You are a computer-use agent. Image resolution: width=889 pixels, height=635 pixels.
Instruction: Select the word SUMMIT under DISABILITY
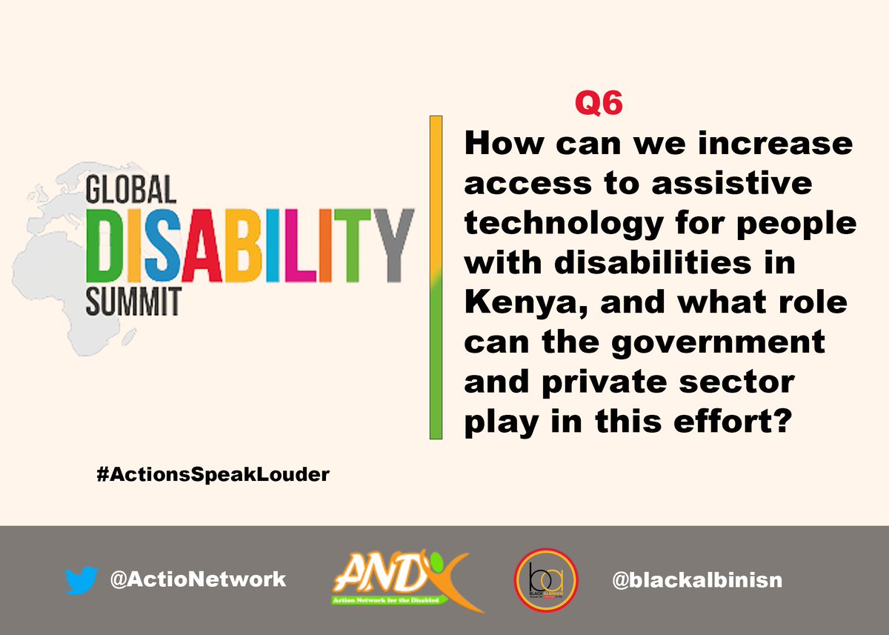(x=133, y=303)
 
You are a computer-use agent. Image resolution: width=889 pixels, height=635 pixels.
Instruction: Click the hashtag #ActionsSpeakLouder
(x=213, y=475)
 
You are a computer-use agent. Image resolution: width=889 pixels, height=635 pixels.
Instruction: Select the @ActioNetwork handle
(x=197, y=579)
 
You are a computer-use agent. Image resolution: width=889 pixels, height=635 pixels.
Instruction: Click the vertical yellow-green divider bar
(x=436, y=277)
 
